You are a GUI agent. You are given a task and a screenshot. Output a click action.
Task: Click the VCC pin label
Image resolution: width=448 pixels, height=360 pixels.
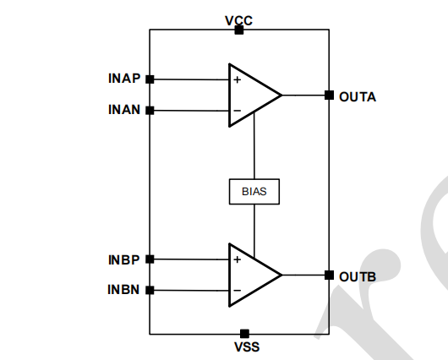239,20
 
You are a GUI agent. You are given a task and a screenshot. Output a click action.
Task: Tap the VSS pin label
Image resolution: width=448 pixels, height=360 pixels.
247,346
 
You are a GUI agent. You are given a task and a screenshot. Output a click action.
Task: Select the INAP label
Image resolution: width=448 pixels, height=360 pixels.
124,79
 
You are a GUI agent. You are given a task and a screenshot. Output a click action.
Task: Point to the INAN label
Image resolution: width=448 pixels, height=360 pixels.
124,110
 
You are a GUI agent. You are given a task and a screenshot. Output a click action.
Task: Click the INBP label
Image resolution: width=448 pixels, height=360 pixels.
124,259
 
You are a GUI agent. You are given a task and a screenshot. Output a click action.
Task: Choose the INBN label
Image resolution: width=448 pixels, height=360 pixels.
123,289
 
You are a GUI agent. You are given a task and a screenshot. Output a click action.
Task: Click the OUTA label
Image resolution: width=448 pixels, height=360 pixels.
358,97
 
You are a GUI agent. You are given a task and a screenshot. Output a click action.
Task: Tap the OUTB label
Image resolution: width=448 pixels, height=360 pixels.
358,276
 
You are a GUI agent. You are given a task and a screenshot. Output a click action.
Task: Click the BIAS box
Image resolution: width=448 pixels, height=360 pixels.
254,192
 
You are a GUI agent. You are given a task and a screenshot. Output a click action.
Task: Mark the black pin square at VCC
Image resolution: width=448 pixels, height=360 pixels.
239,30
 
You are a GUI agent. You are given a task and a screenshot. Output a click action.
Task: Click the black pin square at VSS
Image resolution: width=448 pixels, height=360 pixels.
244,334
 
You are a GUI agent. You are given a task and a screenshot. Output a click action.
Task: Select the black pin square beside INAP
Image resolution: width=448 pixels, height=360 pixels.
150,79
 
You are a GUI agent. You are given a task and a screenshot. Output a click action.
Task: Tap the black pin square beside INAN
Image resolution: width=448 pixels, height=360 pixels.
150,111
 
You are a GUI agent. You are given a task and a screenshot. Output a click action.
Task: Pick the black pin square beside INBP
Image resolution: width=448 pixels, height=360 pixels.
150,259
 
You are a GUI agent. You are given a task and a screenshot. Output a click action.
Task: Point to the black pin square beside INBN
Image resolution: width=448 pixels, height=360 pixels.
150,291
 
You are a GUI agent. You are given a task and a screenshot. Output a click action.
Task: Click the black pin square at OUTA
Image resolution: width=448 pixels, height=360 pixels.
329,95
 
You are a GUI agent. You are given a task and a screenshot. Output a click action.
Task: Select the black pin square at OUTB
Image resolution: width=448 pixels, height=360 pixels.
329,275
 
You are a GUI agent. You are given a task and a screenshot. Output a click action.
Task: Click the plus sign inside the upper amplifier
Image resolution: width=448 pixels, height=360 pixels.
238,79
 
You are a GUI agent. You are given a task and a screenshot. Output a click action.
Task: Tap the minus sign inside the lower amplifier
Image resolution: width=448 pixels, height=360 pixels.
238,291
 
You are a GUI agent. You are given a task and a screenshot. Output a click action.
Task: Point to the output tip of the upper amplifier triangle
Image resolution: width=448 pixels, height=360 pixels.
282,95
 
